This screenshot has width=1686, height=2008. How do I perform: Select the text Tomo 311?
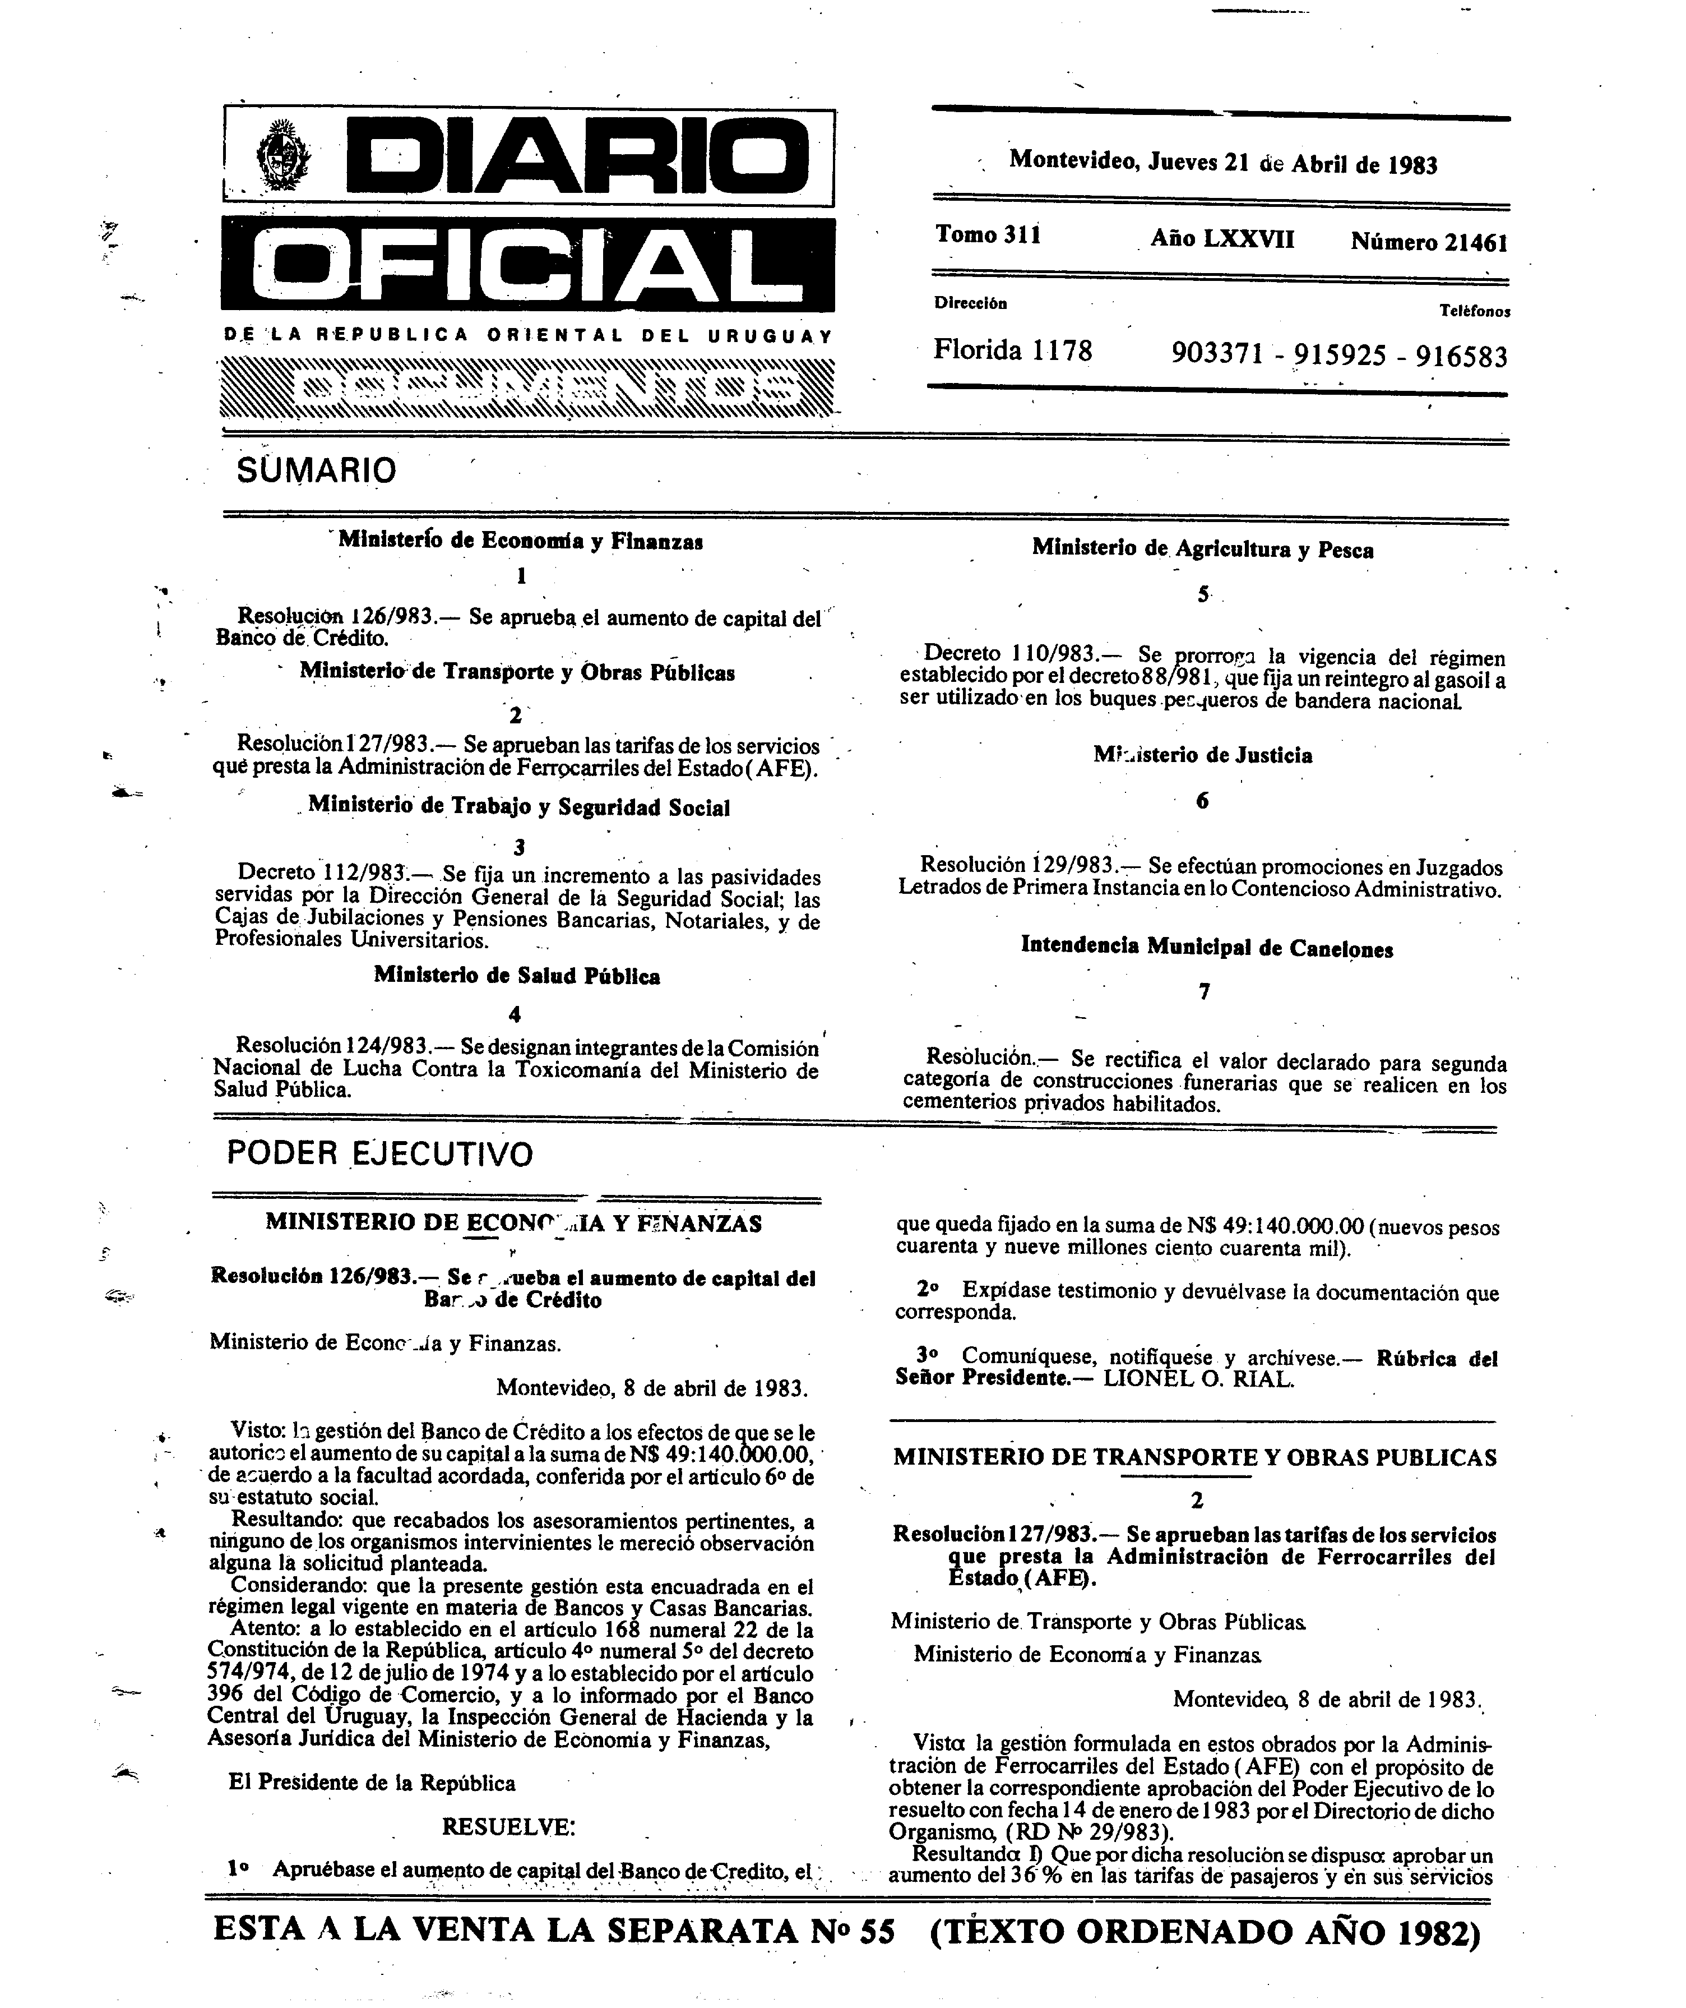point(987,235)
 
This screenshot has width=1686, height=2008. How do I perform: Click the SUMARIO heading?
point(316,470)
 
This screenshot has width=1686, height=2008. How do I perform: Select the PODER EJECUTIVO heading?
point(379,1154)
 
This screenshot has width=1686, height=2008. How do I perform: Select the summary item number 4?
point(515,1014)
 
